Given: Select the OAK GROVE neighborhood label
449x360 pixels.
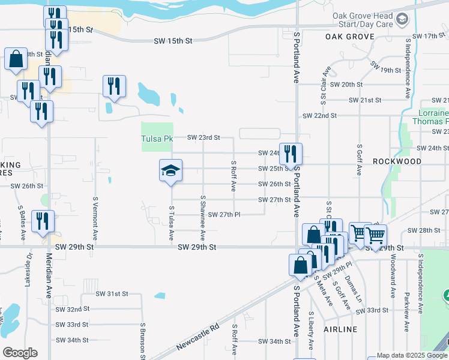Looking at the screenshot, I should (x=349, y=37).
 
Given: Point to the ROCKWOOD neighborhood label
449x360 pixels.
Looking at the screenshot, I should (x=397, y=161).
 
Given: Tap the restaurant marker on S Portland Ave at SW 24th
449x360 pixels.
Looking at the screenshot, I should (x=291, y=154).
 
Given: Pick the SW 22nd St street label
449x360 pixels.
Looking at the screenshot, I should (x=320, y=115).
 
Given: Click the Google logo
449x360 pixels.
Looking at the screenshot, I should (x=20, y=353).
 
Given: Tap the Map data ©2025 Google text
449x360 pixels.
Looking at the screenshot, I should (x=411, y=355).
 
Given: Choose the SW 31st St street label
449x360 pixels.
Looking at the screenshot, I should (x=112, y=293).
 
